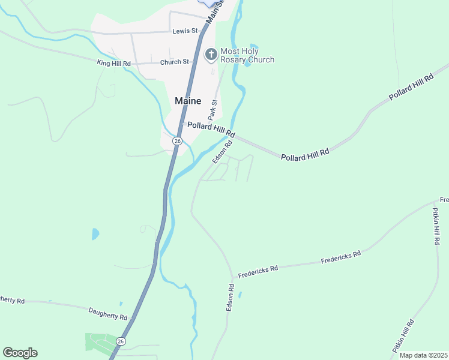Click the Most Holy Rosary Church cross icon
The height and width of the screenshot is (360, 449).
(211, 55)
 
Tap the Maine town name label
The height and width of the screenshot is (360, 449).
(188, 101)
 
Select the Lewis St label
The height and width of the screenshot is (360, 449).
(185, 31)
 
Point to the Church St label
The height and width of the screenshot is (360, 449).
(174, 62)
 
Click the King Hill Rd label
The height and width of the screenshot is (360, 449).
(114, 62)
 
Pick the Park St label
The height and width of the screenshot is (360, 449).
(212, 110)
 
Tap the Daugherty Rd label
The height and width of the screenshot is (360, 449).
(108, 313)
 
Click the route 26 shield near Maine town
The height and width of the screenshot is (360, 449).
(177, 140)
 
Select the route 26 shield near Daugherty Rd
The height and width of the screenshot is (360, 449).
(121, 341)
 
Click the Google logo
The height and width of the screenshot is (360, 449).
(20, 353)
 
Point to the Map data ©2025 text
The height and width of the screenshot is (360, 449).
(423, 355)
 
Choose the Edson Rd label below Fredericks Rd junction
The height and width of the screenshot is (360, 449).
(229, 297)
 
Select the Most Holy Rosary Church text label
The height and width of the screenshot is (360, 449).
(247, 55)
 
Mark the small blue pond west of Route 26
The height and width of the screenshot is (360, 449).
(95, 233)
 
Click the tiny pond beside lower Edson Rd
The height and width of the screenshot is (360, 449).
(240, 295)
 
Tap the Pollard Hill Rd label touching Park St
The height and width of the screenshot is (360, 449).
(211, 129)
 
